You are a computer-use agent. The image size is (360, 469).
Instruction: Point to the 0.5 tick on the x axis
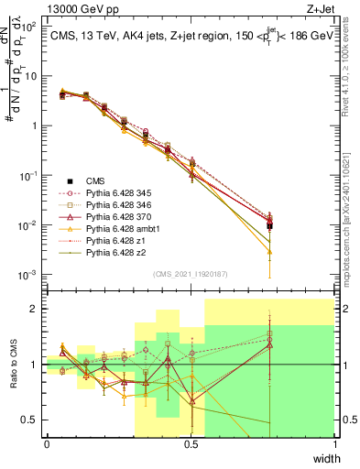(x=191, y=444)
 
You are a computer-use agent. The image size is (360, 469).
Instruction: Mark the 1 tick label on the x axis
(x=334, y=444)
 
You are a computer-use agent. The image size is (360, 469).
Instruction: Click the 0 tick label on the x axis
(x=47, y=444)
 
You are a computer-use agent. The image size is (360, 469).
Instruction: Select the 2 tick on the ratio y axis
(x=37, y=309)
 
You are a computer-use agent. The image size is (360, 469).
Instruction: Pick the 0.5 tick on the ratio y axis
(x=32, y=420)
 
